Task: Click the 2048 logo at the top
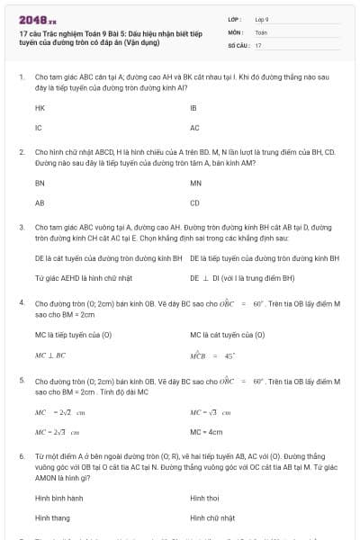[x=37, y=19]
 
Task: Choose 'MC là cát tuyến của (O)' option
[x=227, y=335]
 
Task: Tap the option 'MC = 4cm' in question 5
[x=206, y=431]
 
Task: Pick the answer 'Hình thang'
[x=53, y=517]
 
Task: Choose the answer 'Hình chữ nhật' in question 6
[x=212, y=517]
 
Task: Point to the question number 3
[x=22, y=229]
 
